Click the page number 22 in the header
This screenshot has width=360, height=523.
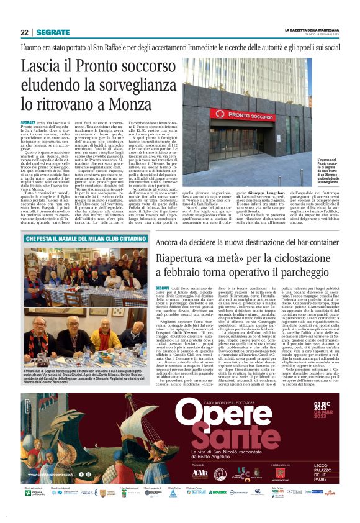pos(24,32)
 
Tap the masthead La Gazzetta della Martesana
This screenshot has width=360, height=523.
pos(311,30)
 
